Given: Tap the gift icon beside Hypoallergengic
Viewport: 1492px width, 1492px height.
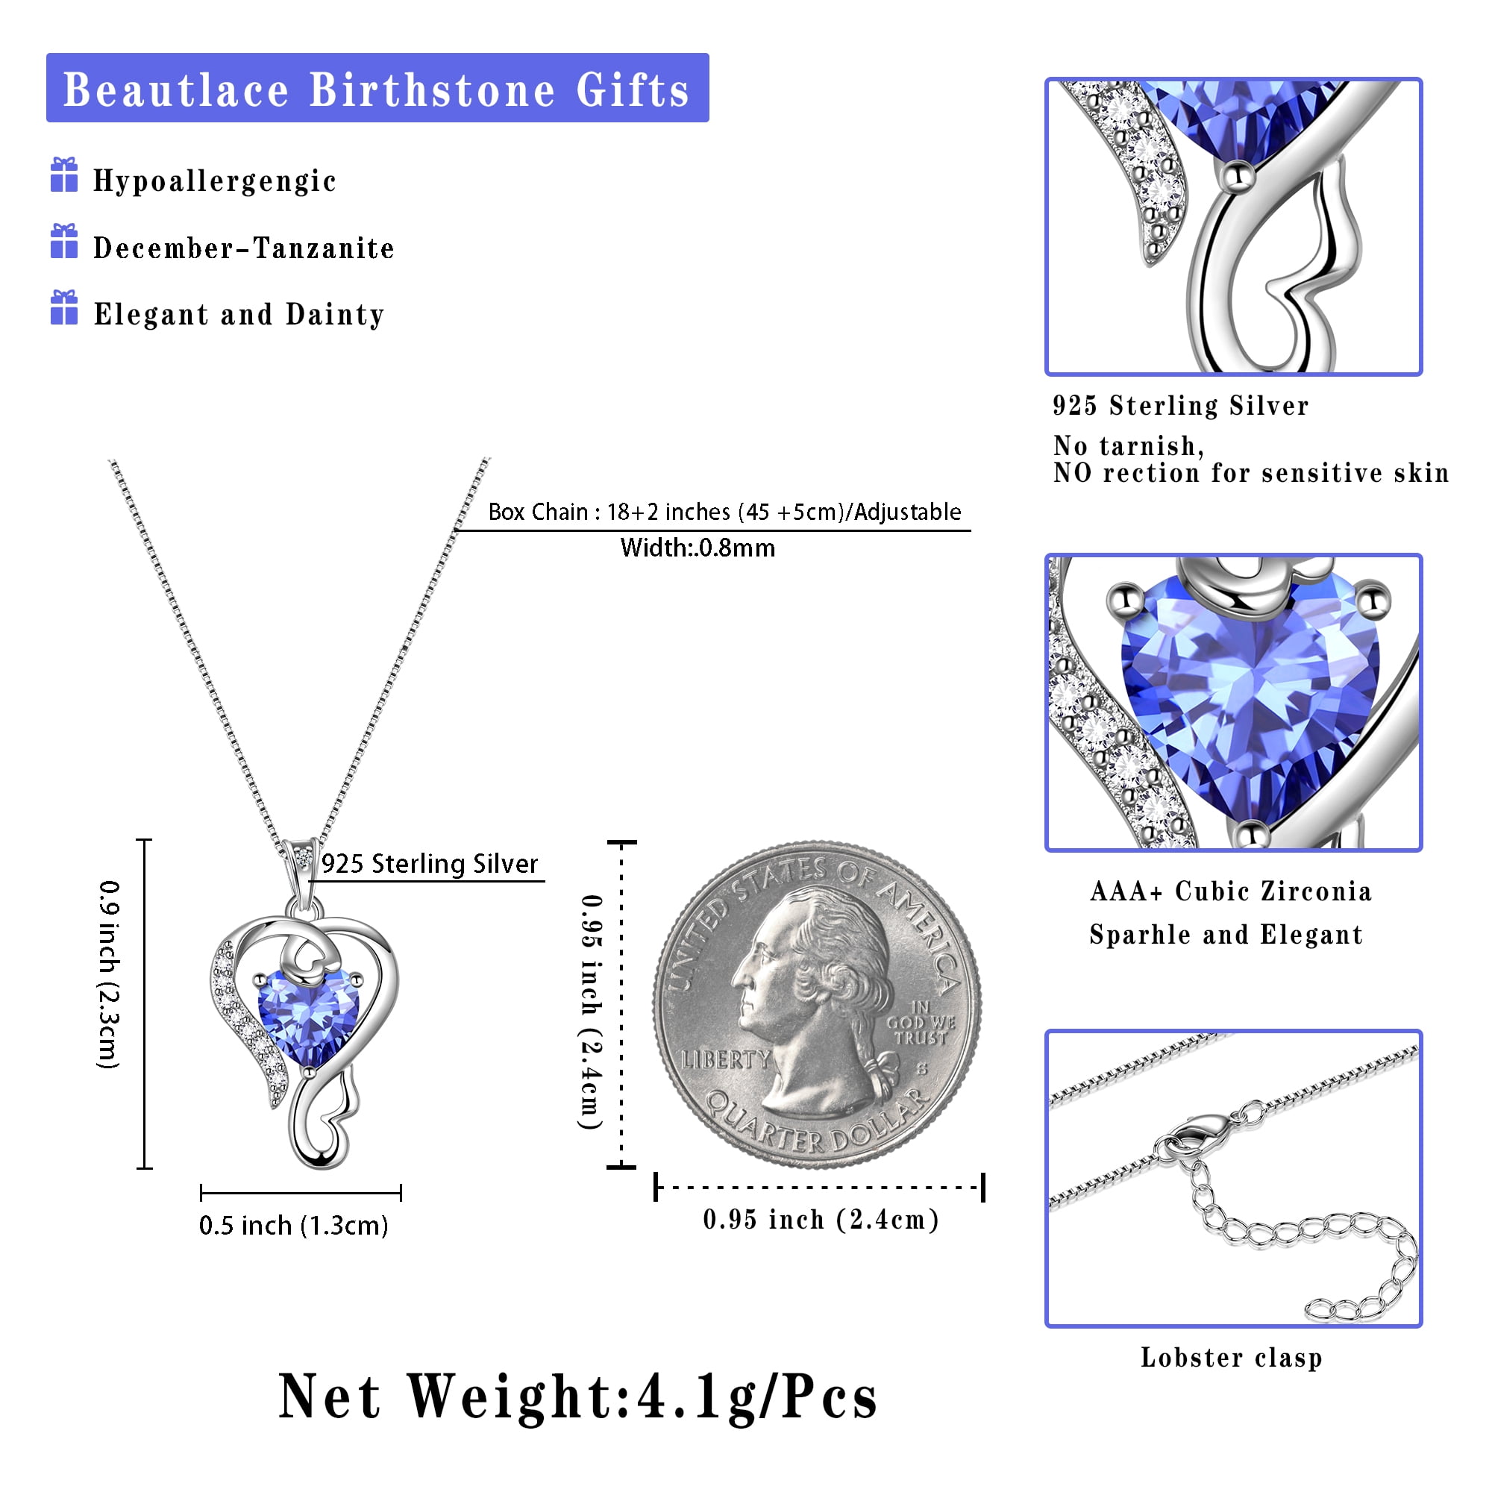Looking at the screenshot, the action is pos(64,175).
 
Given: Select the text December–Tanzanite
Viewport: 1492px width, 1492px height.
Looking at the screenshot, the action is pos(244,248).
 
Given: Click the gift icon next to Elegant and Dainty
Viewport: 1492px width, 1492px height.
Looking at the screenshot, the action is pos(64,307).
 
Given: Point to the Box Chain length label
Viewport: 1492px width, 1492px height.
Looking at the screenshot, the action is pos(724,512).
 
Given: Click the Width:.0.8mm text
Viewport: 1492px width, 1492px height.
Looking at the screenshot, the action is pos(698,548).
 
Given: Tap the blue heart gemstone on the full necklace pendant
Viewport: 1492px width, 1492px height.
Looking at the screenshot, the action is pos(307,1016).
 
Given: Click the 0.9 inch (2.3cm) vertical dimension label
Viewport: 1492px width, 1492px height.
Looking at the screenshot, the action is pos(109,974).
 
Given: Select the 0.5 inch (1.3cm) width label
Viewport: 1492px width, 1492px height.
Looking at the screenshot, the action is pos(293,1226).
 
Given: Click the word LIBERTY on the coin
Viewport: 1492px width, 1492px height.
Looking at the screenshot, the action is pos(725,1059).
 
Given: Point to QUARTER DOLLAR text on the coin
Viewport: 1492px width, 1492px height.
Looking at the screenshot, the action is pos(817,1121).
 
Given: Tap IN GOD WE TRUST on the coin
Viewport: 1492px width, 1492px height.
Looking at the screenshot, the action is pos(921,1023).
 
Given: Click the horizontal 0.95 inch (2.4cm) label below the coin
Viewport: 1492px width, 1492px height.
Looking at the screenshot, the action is pos(821,1220).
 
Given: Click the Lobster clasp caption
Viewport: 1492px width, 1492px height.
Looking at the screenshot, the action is pos(1232,1357).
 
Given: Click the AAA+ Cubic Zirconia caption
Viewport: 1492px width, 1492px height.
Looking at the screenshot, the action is pos(1231,891).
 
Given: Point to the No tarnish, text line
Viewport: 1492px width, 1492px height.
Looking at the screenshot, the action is pos(1128,445).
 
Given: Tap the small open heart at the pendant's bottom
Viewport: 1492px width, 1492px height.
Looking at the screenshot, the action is pos(333,1116).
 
